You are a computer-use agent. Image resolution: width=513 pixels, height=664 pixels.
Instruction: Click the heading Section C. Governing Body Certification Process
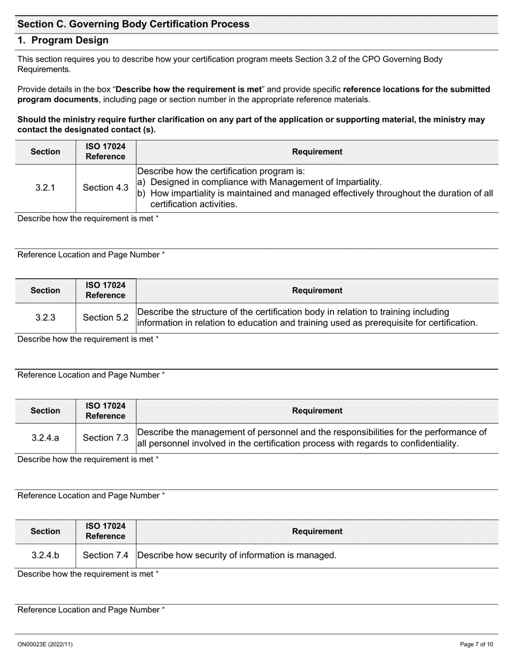pos(133,24)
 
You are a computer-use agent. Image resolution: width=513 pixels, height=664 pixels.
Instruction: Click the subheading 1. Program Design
pos(63,40)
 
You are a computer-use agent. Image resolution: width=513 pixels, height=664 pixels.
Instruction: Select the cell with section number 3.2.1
pos(45,188)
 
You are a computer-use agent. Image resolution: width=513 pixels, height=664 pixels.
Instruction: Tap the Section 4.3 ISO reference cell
pos(105,188)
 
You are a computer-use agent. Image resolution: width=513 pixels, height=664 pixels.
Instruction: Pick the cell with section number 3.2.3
pos(45,317)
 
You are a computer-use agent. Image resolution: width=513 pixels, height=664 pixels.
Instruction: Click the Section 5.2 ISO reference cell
pos(105,317)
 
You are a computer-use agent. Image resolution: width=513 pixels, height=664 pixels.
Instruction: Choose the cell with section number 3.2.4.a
pos(45,438)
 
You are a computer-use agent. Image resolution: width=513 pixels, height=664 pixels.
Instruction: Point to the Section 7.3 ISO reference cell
pos(105,438)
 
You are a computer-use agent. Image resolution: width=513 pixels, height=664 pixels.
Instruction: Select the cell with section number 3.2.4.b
pos(45,555)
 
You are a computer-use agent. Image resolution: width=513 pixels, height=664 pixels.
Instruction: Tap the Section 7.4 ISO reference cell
pos(105,555)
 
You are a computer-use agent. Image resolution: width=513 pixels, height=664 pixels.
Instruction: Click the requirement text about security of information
pos(237,555)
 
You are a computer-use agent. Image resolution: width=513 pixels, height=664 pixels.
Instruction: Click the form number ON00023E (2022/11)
pos(45,644)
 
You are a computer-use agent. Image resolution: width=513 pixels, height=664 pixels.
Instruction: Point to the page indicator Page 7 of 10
pos(476,644)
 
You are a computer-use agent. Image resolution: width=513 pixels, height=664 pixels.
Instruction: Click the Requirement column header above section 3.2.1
pos(317,152)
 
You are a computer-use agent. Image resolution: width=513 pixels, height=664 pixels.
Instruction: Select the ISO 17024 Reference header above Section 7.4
pos(105,531)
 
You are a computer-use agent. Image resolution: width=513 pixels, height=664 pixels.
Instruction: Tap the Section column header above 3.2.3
pos(45,290)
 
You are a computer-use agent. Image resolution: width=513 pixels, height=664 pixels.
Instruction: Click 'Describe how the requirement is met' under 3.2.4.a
pos(88,459)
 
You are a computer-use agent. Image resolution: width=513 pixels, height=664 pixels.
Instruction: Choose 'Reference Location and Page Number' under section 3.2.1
pos(91,255)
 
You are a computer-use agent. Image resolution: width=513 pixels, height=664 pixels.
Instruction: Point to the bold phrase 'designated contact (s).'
pos(114,130)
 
